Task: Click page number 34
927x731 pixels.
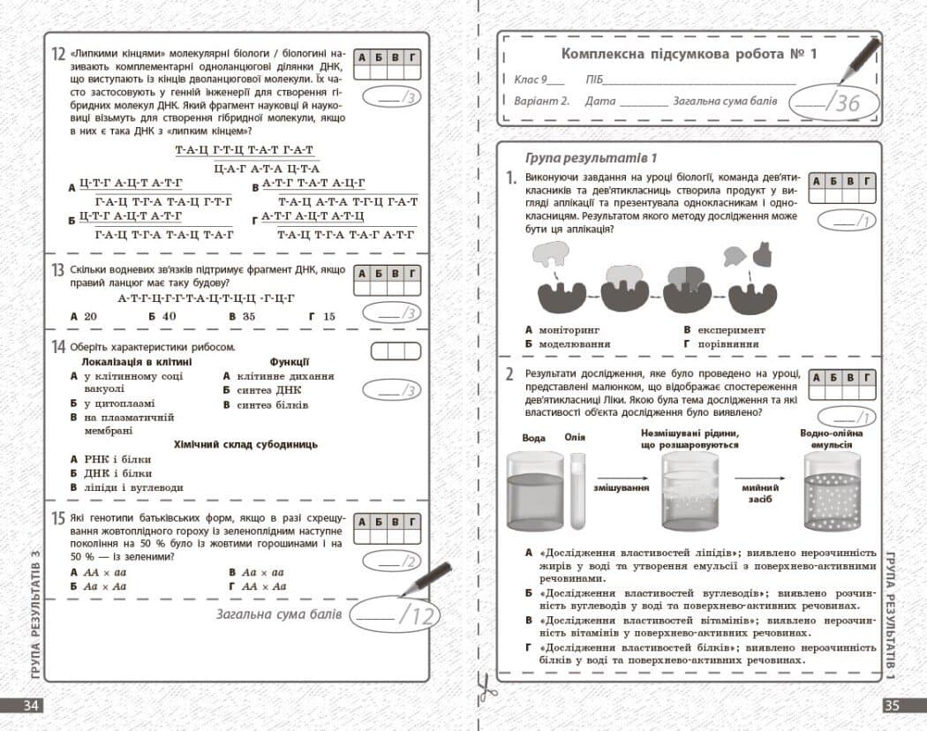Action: click(31, 706)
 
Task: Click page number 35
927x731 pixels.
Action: click(892, 706)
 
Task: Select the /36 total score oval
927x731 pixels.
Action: click(833, 102)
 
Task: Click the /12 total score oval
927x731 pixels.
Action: click(396, 615)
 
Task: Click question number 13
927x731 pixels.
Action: click(57, 270)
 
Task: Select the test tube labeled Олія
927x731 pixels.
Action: click(577, 490)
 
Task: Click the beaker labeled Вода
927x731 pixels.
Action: click(535, 490)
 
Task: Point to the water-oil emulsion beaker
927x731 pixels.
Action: click(833, 490)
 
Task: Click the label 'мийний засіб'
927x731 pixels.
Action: click(759, 494)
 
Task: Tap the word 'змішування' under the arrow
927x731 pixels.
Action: click(621, 487)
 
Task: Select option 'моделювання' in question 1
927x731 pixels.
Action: click(574, 343)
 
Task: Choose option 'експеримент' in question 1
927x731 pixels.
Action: click(731, 330)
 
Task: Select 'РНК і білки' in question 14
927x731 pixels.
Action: click(117, 460)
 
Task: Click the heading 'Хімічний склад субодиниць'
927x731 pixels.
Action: click(245, 445)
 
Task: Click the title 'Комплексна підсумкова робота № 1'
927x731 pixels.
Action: click(689, 55)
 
